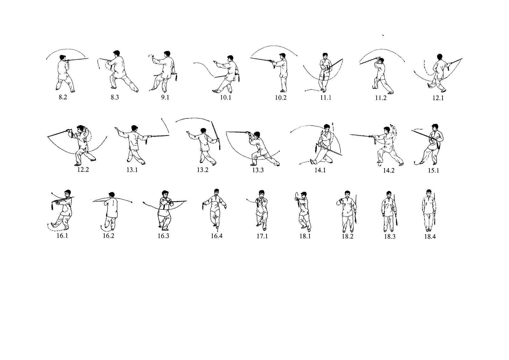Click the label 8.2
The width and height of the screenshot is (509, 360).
63,97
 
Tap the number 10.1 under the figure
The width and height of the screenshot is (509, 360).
225,98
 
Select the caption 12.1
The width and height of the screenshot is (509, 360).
438,98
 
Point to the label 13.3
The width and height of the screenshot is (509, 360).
258,170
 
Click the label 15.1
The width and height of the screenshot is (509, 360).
433,170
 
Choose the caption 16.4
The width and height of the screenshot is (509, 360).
216,236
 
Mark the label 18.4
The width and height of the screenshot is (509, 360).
429,236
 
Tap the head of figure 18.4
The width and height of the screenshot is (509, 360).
429,193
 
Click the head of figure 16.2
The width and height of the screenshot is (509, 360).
111,195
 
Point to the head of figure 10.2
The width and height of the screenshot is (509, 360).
282,56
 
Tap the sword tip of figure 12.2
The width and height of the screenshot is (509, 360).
48,137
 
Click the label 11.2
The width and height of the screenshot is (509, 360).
380,98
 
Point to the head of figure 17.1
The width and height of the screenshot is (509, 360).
261,194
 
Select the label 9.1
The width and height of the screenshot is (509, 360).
165,97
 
